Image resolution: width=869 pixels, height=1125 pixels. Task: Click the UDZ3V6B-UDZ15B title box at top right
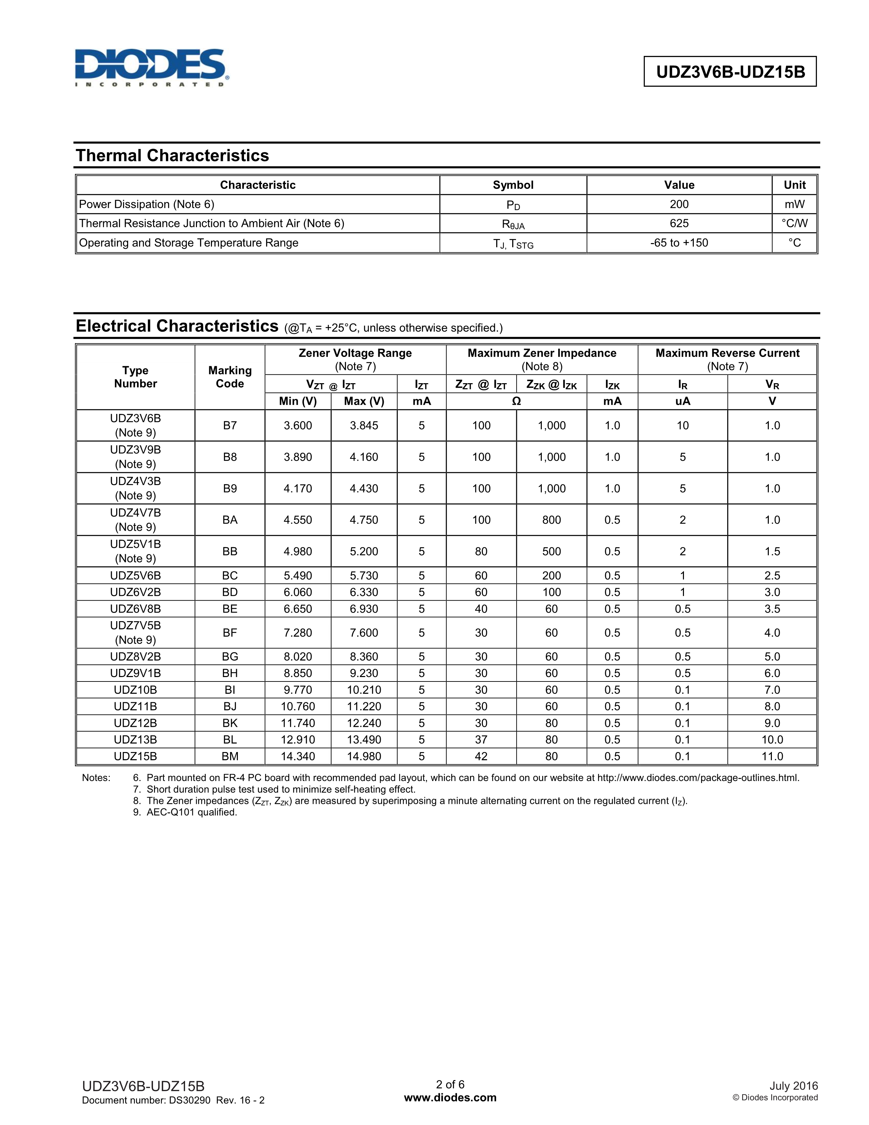(730, 72)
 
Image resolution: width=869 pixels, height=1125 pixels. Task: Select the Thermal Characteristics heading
(172, 155)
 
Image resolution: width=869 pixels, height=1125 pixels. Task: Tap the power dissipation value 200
(679, 205)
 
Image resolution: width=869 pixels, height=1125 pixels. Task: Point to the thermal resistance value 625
(679, 224)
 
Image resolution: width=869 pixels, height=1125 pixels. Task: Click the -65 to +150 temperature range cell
(679, 243)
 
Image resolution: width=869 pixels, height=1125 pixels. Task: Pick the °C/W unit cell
(794, 224)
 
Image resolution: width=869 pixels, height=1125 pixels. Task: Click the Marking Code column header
(230, 377)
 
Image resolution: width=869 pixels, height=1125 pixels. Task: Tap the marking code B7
(230, 425)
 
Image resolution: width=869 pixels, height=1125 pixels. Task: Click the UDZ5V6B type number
(135, 575)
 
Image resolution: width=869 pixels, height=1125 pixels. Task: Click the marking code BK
(230, 723)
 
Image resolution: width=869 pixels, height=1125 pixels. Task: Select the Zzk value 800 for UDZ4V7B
(551, 520)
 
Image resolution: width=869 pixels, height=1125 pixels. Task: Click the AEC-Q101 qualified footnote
(192, 812)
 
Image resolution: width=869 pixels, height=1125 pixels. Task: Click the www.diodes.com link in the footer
(450, 1098)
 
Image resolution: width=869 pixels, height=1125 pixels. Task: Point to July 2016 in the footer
(793, 1086)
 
